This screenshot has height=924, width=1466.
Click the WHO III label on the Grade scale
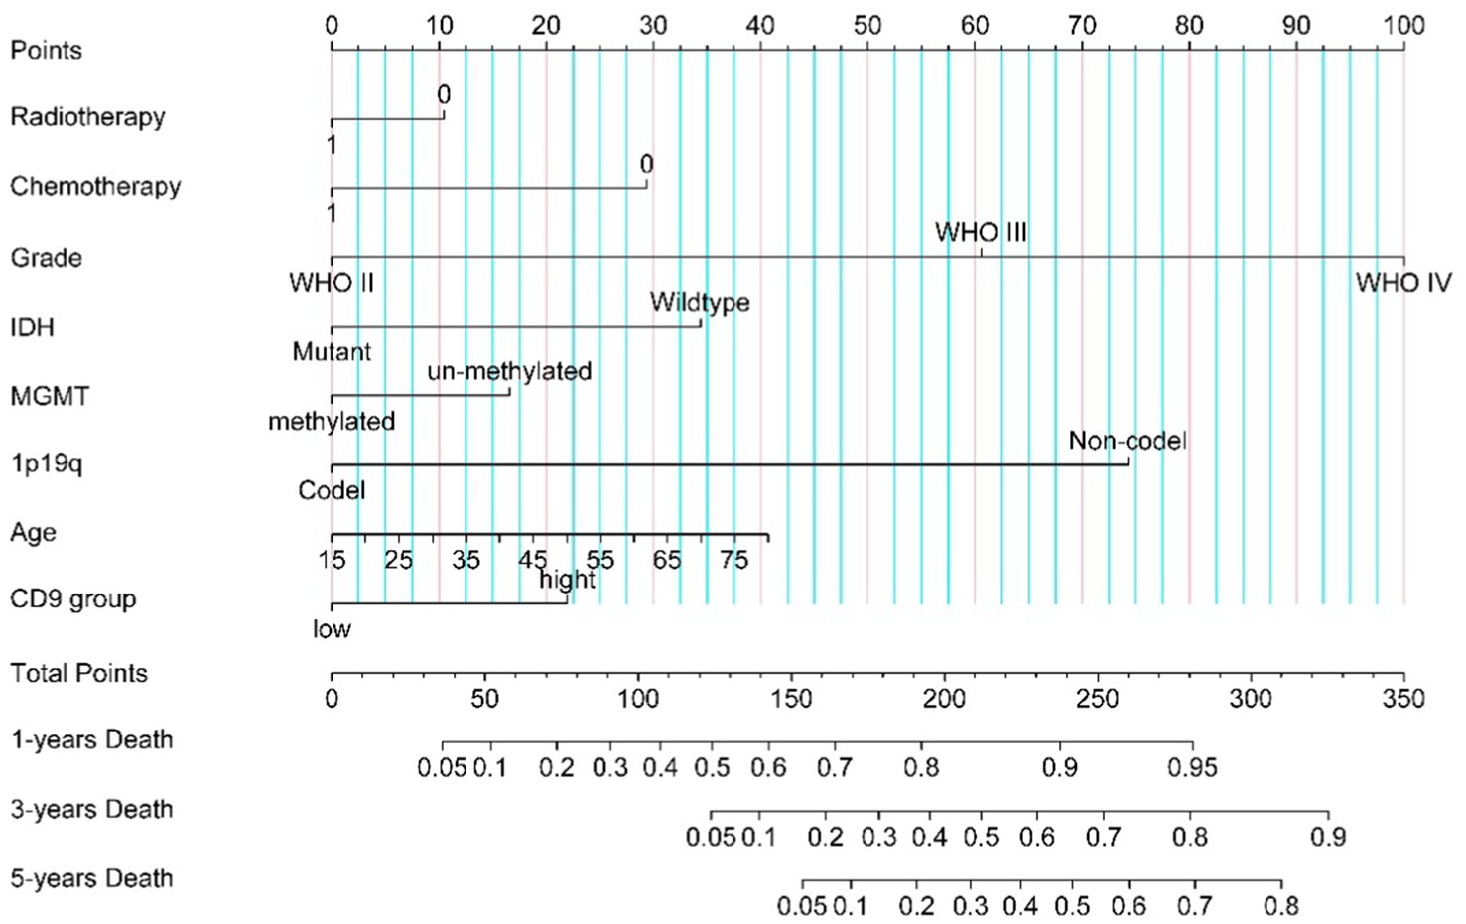pyautogui.click(x=981, y=233)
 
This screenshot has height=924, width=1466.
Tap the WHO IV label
pyautogui.click(x=1402, y=283)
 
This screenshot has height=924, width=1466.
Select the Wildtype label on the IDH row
pyautogui.click(x=700, y=302)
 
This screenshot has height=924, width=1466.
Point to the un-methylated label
pyautogui.click(x=509, y=371)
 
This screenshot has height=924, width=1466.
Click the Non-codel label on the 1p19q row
pyautogui.click(x=1127, y=441)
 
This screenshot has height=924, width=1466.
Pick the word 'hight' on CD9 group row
pyautogui.click(x=567, y=579)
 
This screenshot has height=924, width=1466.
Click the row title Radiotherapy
pyautogui.click(x=87, y=117)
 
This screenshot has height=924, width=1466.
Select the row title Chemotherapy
pyautogui.click(x=95, y=187)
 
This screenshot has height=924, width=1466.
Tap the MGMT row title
pyautogui.click(x=50, y=396)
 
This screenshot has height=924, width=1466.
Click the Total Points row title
pyautogui.click(x=78, y=673)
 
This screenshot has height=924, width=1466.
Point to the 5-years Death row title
pyautogui.click(x=91, y=878)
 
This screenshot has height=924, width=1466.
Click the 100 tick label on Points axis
pyautogui.click(x=1402, y=25)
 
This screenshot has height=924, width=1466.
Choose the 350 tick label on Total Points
pyautogui.click(x=1402, y=699)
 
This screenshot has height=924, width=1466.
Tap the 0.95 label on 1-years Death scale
pyautogui.click(x=1192, y=767)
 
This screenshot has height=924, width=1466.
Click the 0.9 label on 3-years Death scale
pyautogui.click(x=1327, y=837)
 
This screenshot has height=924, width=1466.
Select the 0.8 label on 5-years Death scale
pyautogui.click(x=1281, y=905)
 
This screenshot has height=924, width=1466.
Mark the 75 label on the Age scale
pyautogui.click(x=733, y=560)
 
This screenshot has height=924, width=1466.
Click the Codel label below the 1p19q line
pyautogui.click(x=332, y=490)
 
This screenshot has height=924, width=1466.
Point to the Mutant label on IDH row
pyautogui.click(x=332, y=351)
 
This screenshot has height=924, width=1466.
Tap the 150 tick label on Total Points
pyautogui.click(x=791, y=699)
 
